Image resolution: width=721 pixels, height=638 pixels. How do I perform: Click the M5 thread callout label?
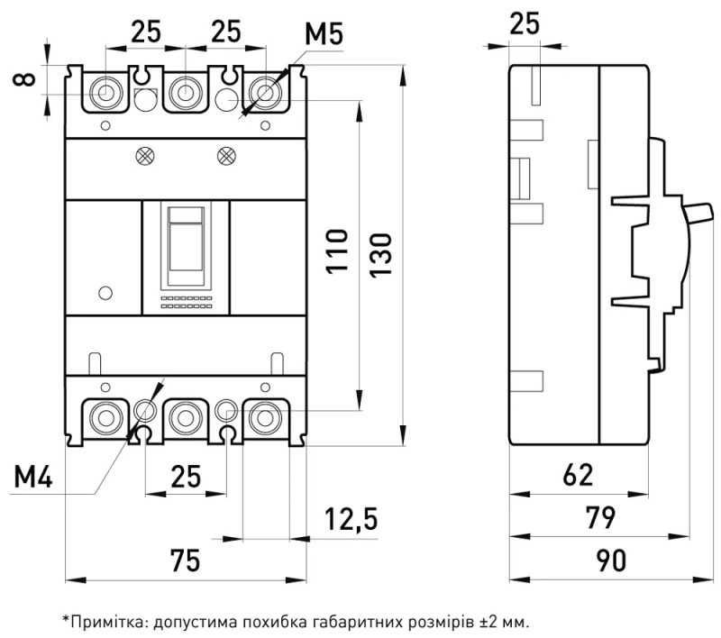(324, 34)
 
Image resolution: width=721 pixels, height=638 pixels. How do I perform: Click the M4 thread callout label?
(33, 476)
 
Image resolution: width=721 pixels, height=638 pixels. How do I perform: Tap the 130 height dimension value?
(380, 255)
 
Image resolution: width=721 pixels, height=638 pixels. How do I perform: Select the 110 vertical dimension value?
(337, 251)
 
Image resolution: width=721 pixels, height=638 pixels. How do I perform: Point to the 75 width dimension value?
(186, 561)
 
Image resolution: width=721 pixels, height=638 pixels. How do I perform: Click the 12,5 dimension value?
(351, 519)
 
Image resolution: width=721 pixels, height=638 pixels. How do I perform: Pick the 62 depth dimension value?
(578, 475)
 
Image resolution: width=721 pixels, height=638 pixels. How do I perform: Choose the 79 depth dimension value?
(600, 517)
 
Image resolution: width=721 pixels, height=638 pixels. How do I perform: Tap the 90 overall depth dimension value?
(611, 561)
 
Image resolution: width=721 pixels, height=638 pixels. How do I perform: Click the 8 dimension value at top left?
(24, 79)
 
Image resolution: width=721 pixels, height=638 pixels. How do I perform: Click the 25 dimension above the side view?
(525, 24)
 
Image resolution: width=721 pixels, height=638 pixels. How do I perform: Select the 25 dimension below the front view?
(186, 476)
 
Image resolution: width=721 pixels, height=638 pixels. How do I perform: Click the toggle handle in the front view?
(186, 239)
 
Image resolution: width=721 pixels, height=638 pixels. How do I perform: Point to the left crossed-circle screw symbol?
(145, 156)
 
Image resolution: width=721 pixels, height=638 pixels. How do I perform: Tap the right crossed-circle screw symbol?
(226, 156)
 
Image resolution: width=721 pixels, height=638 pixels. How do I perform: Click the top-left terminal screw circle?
(105, 92)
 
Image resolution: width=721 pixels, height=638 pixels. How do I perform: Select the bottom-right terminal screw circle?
(265, 418)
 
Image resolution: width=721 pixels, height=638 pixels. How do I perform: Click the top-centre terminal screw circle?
(186, 92)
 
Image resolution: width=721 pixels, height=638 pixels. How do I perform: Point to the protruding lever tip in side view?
(706, 213)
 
